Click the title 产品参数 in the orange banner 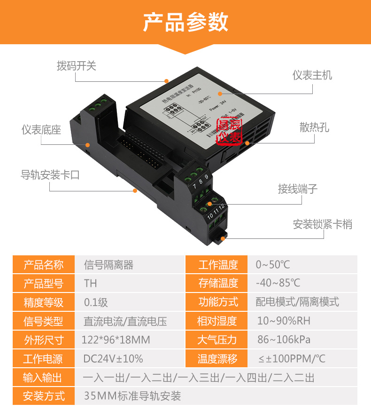point(185,23)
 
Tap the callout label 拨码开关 point(77,66)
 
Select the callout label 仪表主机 point(312,75)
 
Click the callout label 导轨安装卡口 point(50,175)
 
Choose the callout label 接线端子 point(298,189)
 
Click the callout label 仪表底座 point(41,130)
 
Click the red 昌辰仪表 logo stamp point(229,131)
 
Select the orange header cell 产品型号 point(44,284)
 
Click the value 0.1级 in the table point(96,302)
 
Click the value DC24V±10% point(113,359)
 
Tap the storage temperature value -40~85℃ point(278,284)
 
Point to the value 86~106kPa point(284,340)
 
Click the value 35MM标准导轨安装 point(132,396)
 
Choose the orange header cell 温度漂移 point(217,359)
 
